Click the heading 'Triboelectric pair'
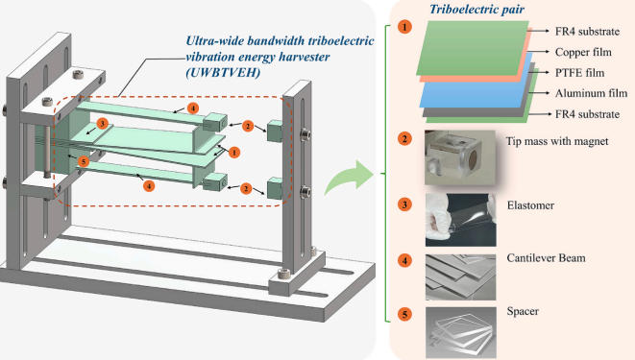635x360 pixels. [476, 10]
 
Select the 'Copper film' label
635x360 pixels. [583, 52]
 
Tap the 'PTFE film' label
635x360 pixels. [579, 73]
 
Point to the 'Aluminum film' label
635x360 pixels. [591, 93]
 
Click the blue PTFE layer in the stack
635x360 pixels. [476, 90]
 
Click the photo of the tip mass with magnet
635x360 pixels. [460, 157]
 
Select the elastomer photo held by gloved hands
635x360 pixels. [460, 220]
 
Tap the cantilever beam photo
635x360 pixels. [460, 277]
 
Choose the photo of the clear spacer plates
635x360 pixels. [461, 332]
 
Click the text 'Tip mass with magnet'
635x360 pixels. [557, 141]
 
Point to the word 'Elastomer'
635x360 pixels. [530, 205]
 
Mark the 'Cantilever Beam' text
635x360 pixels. [546, 257]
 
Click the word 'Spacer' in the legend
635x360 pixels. [523, 311]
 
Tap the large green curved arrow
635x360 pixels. [349, 178]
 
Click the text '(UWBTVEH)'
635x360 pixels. [222, 72]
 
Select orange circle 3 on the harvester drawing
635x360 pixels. [102, 124]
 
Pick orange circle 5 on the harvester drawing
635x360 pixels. [84, 162]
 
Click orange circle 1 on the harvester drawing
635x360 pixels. [233, 153]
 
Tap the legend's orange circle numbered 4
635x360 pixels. [404, 260]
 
